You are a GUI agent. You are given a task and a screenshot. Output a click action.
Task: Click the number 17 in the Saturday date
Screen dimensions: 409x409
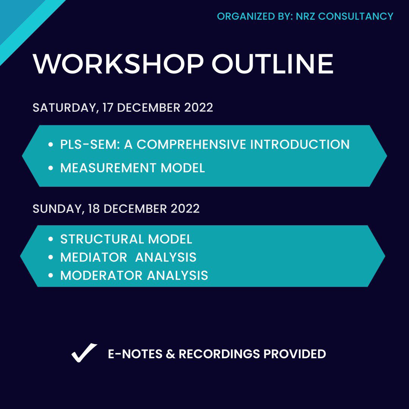(109, 108)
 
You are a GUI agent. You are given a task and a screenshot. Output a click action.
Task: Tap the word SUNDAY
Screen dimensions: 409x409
(56, 209)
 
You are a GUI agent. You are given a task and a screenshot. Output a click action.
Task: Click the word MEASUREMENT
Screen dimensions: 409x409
(108, 168)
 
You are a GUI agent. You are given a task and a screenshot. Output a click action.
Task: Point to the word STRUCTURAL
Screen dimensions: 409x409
(102, 239)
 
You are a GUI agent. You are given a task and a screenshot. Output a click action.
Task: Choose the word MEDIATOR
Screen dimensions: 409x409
(94, 257)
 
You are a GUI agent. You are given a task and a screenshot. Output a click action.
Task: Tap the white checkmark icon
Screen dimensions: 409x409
(84, 353)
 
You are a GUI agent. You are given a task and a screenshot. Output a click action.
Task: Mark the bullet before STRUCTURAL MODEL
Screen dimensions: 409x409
(51, 239)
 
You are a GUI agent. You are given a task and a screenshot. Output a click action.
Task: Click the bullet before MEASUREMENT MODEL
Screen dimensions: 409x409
(51, 168)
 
